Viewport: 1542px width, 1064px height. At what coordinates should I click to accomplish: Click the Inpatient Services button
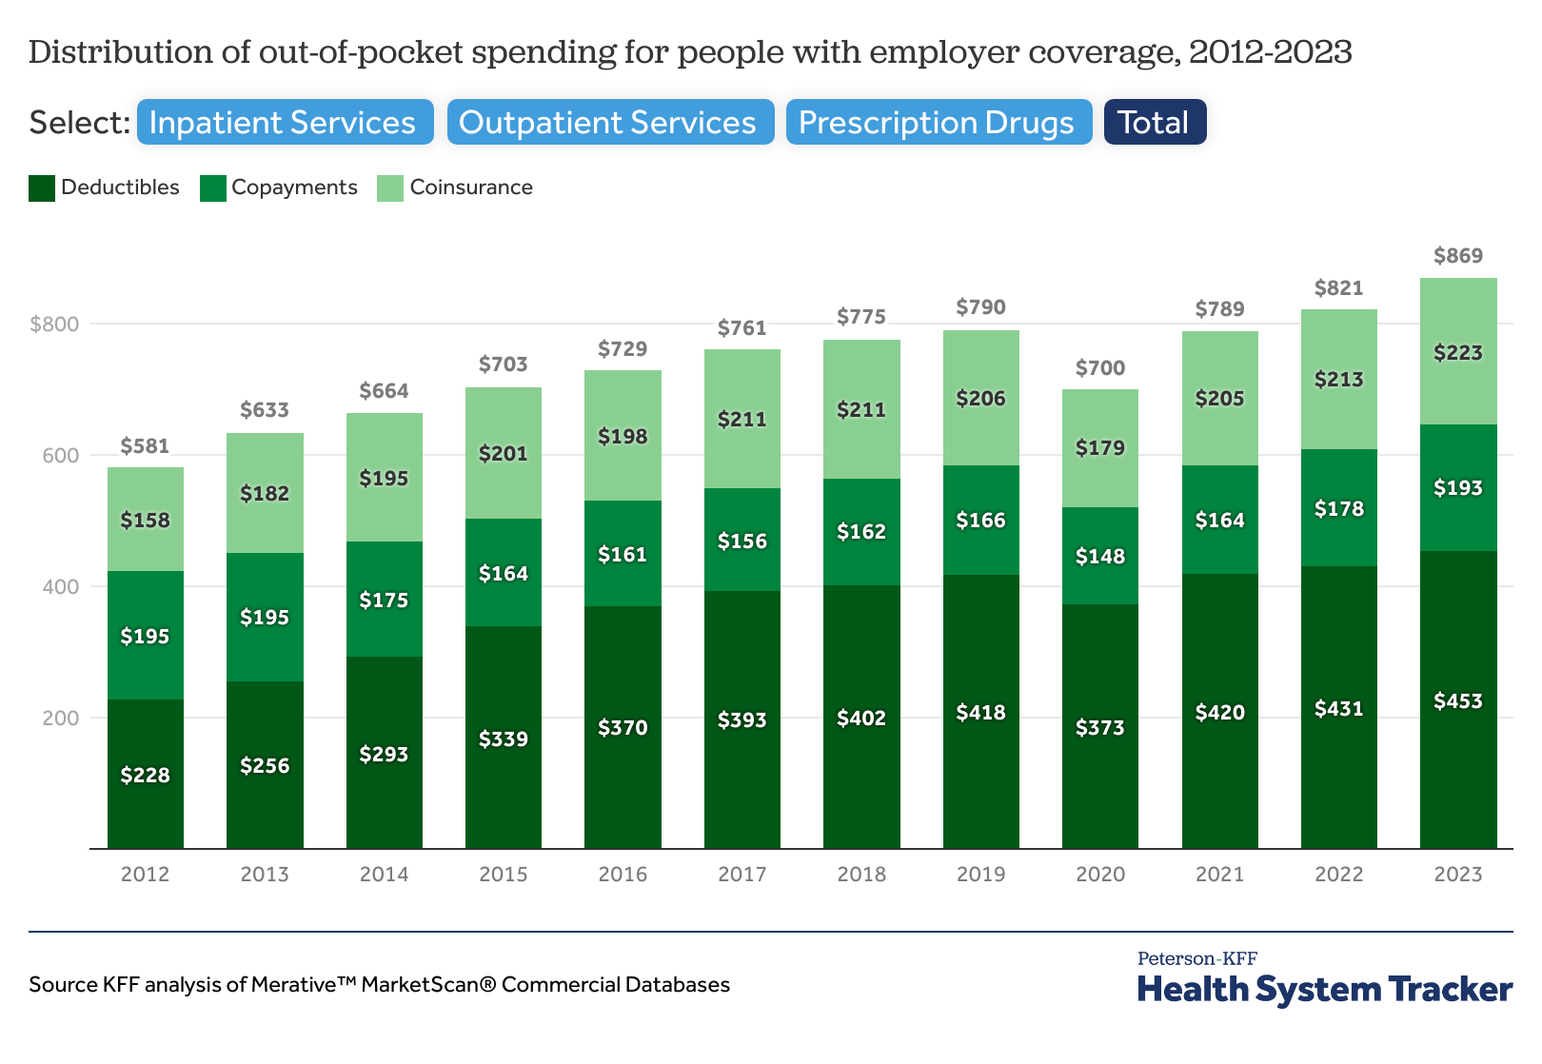[284, 123]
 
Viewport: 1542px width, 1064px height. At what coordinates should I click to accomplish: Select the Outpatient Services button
[609, 123]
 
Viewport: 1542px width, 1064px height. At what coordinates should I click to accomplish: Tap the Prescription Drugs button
[938, 123]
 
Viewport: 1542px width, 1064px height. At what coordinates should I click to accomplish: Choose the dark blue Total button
[1154, 123]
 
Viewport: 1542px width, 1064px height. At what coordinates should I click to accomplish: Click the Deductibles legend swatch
[42, 187]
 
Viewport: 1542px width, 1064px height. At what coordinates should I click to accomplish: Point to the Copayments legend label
[294, 187]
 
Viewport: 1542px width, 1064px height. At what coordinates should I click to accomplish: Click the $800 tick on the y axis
[54, 324]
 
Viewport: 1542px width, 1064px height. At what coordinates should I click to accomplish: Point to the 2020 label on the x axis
[1099, 875]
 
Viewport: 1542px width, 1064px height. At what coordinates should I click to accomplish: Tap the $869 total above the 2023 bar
[1457, 256]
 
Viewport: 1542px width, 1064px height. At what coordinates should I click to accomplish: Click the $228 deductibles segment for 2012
[145, 775]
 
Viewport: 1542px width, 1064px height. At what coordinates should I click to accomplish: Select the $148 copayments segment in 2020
[1099, 556]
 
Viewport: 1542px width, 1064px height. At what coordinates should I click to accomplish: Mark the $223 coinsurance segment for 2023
[1457, 352]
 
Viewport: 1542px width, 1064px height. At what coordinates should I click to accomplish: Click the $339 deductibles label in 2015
[503, 739]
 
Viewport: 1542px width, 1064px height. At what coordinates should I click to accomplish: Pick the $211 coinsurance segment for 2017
[741, 419]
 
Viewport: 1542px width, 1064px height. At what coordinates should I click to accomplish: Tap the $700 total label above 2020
[1099, 368]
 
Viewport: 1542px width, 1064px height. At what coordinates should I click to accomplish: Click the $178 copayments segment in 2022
[1338, 508]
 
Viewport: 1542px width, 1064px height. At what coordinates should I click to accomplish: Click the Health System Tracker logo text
[1324, 990]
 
